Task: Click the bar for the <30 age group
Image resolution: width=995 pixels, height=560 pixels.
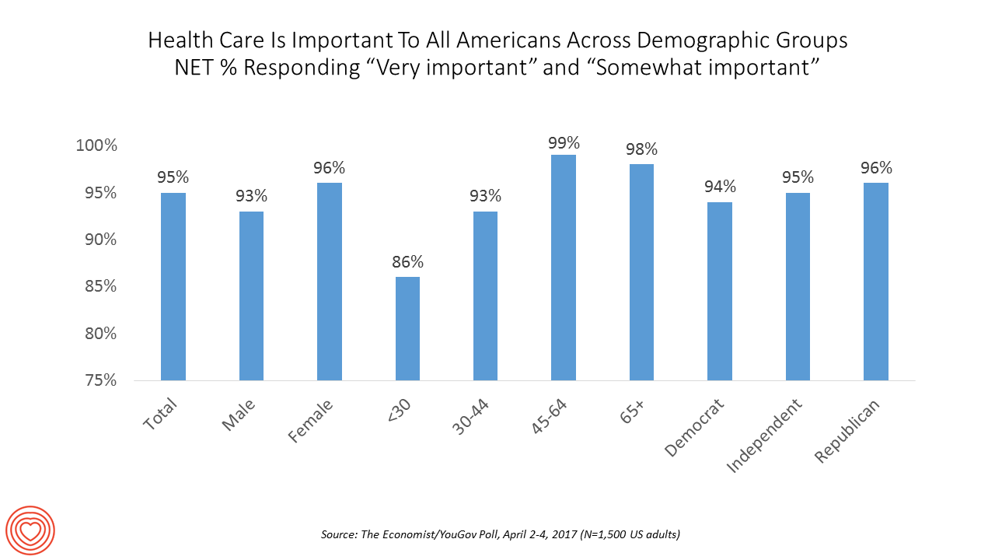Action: click(x=407, y=328)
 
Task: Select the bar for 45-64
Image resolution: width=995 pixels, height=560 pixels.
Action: click(x=564, y=268)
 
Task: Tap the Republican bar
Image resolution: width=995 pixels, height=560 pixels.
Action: click(x=876, y=282)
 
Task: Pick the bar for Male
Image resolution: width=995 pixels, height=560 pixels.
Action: click(x=251, y=296)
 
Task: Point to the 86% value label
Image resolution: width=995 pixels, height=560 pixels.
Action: click(x=407, y=263)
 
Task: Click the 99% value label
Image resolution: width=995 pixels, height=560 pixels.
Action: click(x=564, y=142)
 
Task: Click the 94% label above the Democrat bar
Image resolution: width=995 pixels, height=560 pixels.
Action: click(x=720, y=187)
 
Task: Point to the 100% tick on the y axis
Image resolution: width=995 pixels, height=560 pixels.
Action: click(x=97, y=145)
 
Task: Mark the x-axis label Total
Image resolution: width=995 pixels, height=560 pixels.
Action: click(x=160, y=414)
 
